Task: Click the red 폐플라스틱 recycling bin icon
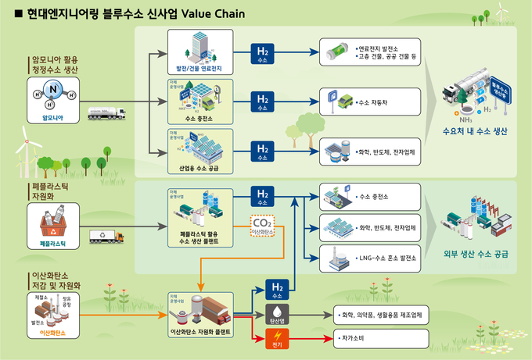click(x=52, y=226)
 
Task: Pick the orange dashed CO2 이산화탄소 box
click(x=262, y=227)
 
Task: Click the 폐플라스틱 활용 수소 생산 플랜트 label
click(x=207, y=237)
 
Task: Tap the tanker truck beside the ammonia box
click(x=106, y=113)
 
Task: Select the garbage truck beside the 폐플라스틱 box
click(x=106, y=235)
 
